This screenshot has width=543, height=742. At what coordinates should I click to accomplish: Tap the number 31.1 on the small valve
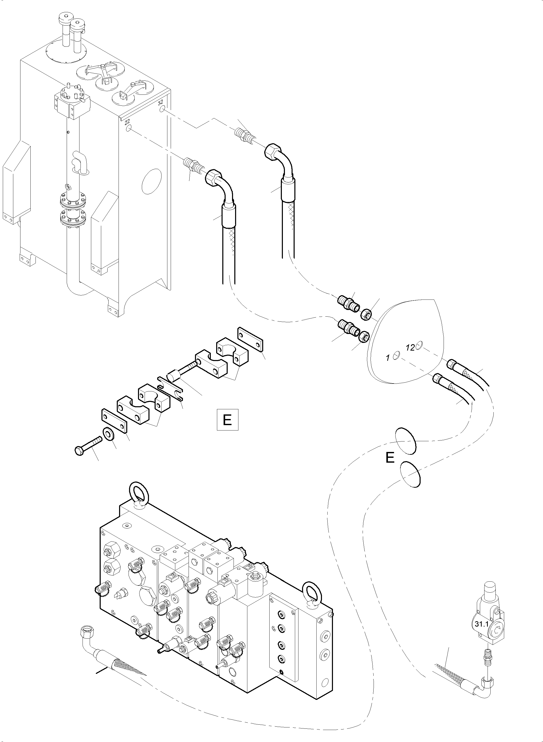coord(481,624)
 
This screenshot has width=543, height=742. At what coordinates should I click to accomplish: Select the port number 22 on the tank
coord(127,122)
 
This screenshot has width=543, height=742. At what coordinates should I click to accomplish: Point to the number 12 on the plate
coord(410,348)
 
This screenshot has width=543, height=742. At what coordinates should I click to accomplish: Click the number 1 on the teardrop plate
coord(388,358)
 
